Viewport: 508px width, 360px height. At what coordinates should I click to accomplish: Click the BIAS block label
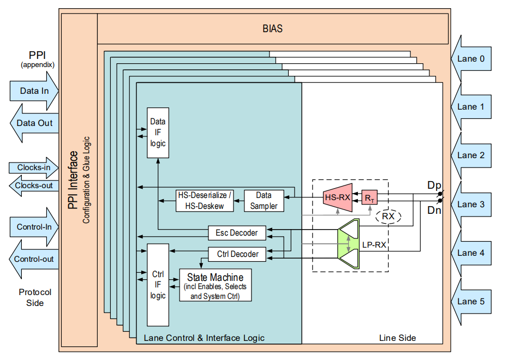click(x=273, y=28)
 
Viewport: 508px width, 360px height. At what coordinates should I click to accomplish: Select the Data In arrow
click(x=34, y=91)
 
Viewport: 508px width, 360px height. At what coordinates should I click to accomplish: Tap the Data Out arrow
click(x=34, y=123)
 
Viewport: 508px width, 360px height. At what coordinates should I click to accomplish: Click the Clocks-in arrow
click(x=34, y=167)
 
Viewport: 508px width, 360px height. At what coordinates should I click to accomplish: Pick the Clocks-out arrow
click(x=34, y=185)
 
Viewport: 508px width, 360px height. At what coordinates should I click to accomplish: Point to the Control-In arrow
click(x=34, y=227)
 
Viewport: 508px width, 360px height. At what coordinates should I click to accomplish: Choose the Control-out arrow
click(x=34, y=259)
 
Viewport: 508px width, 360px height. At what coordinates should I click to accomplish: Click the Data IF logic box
click(x=158, y=133)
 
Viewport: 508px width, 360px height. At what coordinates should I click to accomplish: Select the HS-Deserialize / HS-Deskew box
click(x=205, y=201)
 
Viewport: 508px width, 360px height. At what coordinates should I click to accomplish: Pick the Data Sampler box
click(x=264, y=201)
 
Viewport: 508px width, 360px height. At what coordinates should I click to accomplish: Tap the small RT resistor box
click(x=369, y=197)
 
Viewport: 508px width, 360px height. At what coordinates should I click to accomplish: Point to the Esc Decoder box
click(x=237, y=233)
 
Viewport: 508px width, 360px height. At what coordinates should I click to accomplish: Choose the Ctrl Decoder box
click(x=237, y=254)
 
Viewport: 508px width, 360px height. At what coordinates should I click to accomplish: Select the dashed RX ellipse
click(x=388, y=217)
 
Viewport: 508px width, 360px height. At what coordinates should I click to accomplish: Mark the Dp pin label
click(x=434, y=185)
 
